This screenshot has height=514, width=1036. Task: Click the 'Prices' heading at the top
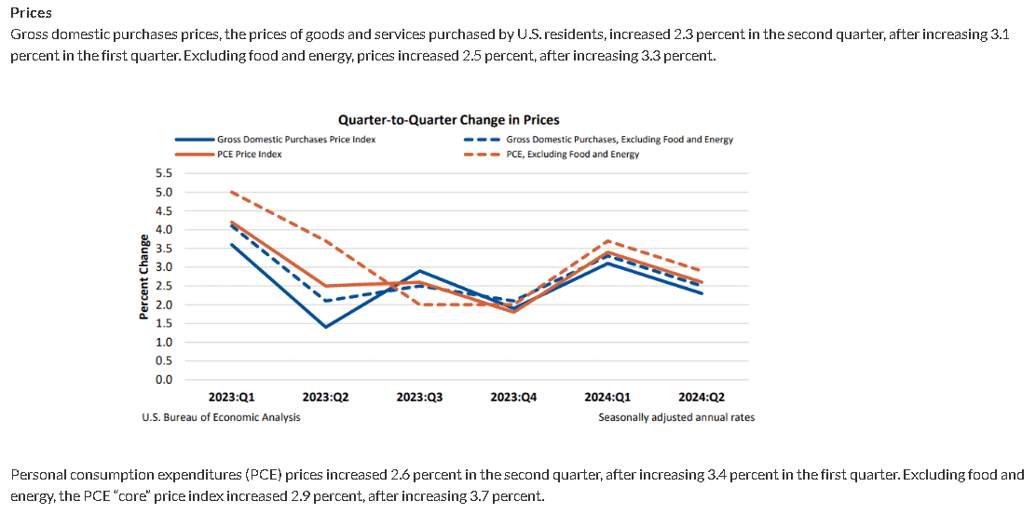(31, 13)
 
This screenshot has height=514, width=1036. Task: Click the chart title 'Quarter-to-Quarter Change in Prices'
(448, 119)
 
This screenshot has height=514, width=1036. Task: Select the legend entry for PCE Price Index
(249, 155)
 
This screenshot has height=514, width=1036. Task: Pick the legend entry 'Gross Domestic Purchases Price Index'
(296, 140)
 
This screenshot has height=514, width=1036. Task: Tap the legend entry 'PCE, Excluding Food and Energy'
(572, 155)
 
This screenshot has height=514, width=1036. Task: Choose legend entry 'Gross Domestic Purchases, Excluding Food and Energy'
(619, 140)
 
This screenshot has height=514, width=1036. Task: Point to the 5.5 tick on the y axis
(163, 173)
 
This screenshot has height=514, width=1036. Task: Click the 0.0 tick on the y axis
(163, 379)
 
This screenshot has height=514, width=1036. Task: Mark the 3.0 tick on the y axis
(163, 267)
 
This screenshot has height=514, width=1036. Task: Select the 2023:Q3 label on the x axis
(419, 397)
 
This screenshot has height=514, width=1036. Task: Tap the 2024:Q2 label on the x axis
(702, 397)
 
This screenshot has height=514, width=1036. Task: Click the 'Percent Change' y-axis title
(144, 276)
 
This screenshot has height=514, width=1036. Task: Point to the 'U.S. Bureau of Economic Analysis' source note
(221, 417)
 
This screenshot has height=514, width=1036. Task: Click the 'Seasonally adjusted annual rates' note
(676, 417)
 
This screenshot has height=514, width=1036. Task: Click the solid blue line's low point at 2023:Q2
(325, 327)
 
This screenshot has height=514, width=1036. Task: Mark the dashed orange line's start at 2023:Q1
(231, 192)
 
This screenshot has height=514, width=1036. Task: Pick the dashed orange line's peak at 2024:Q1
(607, 241)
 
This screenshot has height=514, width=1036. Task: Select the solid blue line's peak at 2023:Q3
(419, 271)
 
